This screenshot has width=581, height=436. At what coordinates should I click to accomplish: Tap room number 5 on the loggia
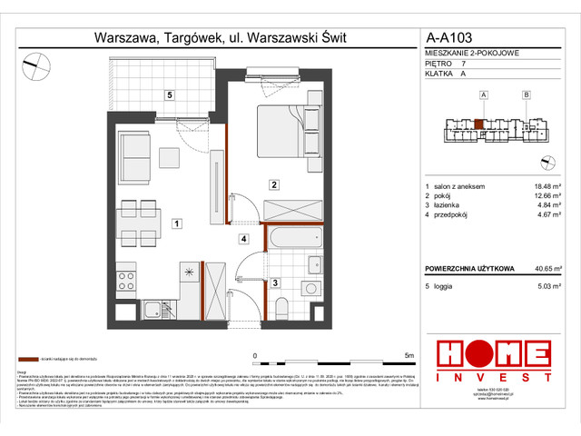pos(169,95)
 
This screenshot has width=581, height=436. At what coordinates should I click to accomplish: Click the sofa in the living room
pos(134,157)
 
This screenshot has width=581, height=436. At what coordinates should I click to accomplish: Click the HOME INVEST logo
pos(496,361)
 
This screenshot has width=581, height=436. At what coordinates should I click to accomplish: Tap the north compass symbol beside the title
pos(38,64)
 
